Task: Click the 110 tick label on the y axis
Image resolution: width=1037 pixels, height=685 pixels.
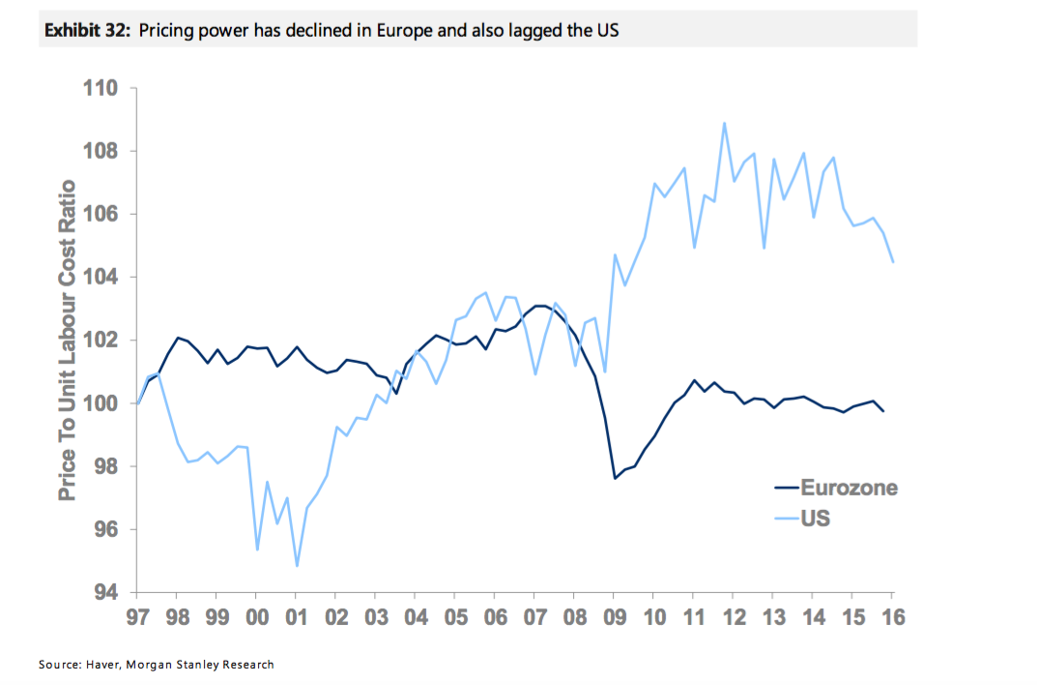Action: pyautogui.click(x=101, y=89)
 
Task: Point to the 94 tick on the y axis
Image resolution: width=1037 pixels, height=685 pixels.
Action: pyautogui.click(x=105, y=592)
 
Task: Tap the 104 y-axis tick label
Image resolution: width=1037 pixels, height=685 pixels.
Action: pyautogui.click(x=101, y=278)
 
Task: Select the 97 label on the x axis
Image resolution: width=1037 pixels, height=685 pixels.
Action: pyautogui.click(x=137, y=616)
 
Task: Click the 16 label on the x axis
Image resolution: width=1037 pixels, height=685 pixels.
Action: pyautogui.click(x=892, y=616)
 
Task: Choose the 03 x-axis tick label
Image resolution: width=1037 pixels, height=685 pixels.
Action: pyautogui.click(x=375, y=616)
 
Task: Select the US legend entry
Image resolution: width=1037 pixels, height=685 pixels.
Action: pyautogui.click(x=815, y=520)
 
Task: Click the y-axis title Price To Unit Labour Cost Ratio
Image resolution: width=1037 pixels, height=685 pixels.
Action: pyautogui.click(x=67, y=341)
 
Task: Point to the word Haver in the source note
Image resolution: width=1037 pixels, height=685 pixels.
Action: pyautogui.click(x=107, y=665)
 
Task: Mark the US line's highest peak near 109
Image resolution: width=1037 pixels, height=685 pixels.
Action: pyautogui.click(x=724, y=123)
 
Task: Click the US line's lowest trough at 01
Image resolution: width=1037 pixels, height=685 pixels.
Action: pyautogui.click(x=297, y=566)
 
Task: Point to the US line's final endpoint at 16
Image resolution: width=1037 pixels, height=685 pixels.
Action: pyautogui.click(x=892, y=262)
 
